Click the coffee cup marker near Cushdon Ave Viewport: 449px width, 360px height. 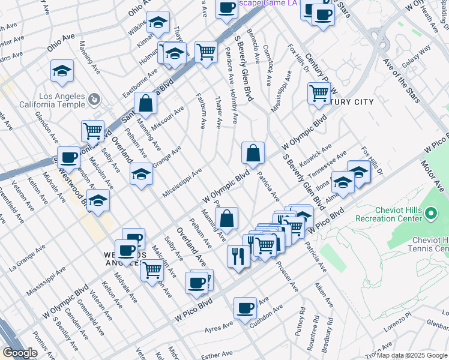(245, 308)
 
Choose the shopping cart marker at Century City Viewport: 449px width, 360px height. (319, 93)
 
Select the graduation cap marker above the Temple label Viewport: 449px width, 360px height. (62, 71)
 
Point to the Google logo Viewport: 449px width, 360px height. (20, 353)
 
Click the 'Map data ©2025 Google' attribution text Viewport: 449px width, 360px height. (411, 355)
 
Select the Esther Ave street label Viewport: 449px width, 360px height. (217, 355)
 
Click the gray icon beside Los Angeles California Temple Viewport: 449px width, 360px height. (94, 98)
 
